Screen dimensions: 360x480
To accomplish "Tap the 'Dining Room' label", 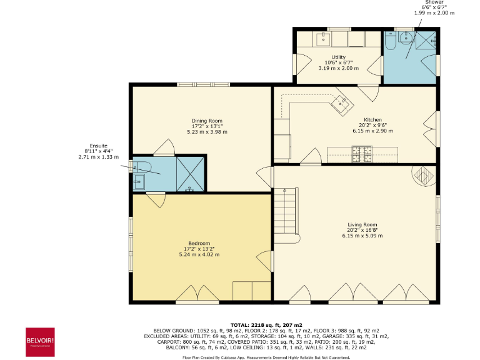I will pos(207,121).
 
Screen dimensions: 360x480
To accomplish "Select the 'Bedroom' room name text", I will pos(199,243).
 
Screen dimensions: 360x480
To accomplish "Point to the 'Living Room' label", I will pos(362,224).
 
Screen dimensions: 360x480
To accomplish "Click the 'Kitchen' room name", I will pos(372,119).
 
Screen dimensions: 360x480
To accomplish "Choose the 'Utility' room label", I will pos(338,57).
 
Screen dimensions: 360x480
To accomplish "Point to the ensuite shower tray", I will pos(190,173).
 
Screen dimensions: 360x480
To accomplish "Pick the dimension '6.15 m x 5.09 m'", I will pos(362,236).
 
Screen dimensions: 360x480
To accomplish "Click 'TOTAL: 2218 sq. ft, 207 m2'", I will pos(266,325).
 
